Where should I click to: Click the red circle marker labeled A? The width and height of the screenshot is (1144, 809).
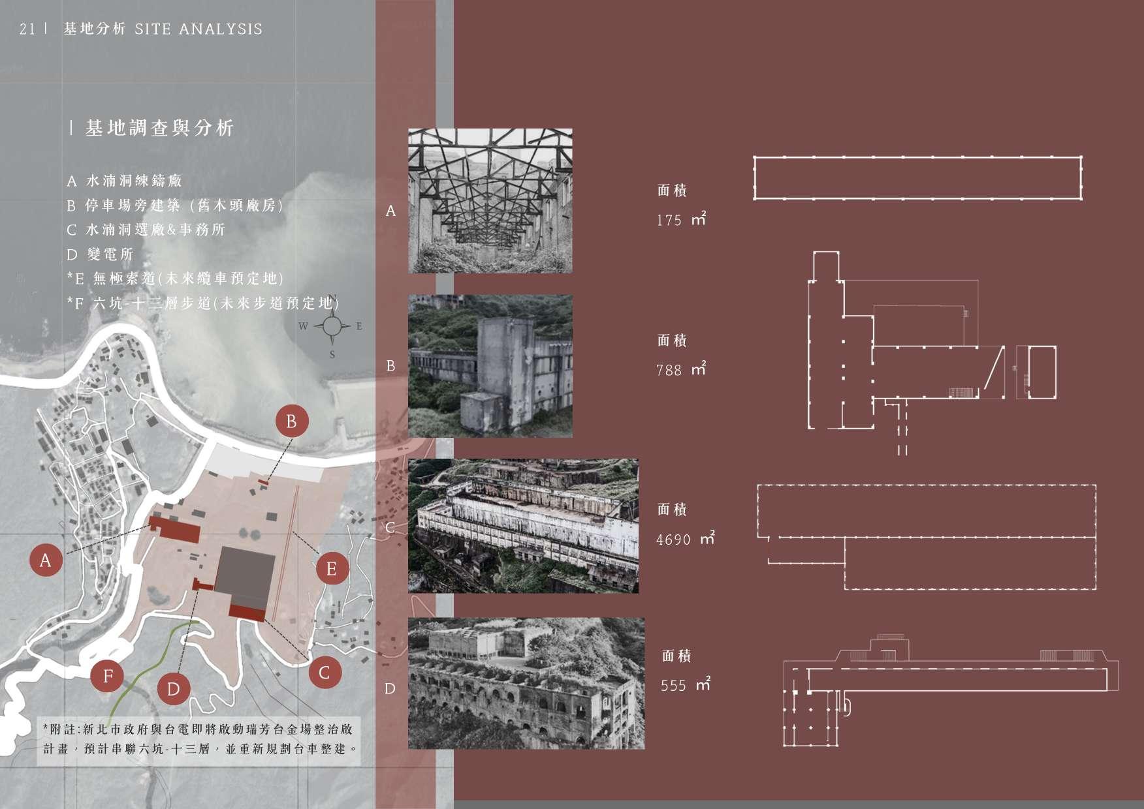[x=45, y=560]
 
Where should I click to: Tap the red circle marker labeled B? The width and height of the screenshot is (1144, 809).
[x=291, y=421]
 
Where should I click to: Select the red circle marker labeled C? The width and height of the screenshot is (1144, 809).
[x=325, y=672]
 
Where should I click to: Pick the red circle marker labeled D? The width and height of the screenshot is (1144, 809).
[x=173, y=689]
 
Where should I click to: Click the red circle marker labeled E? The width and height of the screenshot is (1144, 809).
[x=331, y=569]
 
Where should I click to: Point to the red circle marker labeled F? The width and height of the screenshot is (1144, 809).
[x=108, y=676]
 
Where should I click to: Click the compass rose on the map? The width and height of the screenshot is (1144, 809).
[x=332, y=326]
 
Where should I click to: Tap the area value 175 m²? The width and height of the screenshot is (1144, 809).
[x=681, y=220]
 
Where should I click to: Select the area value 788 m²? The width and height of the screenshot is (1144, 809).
[x=681, y=370]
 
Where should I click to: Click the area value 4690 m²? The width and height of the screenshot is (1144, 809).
[x=685, y=540]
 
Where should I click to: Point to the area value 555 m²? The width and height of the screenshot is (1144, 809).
[x=685, y=686]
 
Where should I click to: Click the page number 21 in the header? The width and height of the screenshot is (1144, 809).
[x=27, y=29]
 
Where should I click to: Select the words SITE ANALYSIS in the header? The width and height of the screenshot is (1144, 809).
[x=199, y=29]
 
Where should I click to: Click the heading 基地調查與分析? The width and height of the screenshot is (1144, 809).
[x=159, y=129]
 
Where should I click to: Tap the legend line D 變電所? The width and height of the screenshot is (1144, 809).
[x=101, y=254]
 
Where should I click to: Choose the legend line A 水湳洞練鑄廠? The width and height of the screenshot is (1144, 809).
[x=125, y=181]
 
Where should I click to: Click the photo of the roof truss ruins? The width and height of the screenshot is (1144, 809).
[x=490, y=200]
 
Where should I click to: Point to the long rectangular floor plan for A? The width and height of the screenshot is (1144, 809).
[x=917, y=178]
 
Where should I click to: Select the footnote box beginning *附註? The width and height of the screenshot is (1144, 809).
[x=199, y=738]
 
